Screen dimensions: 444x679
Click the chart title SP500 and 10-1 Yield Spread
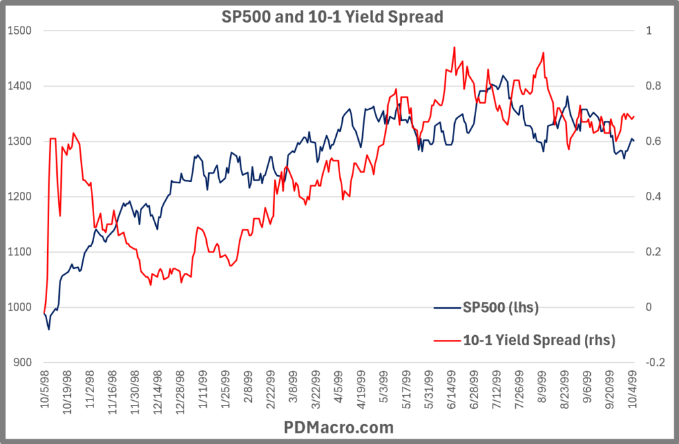(x=331, y=17)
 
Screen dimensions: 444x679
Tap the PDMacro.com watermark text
(x=339, y=427)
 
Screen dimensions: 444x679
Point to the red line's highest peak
(x=454, y=47)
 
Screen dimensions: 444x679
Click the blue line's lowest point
(x=49, y=329)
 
